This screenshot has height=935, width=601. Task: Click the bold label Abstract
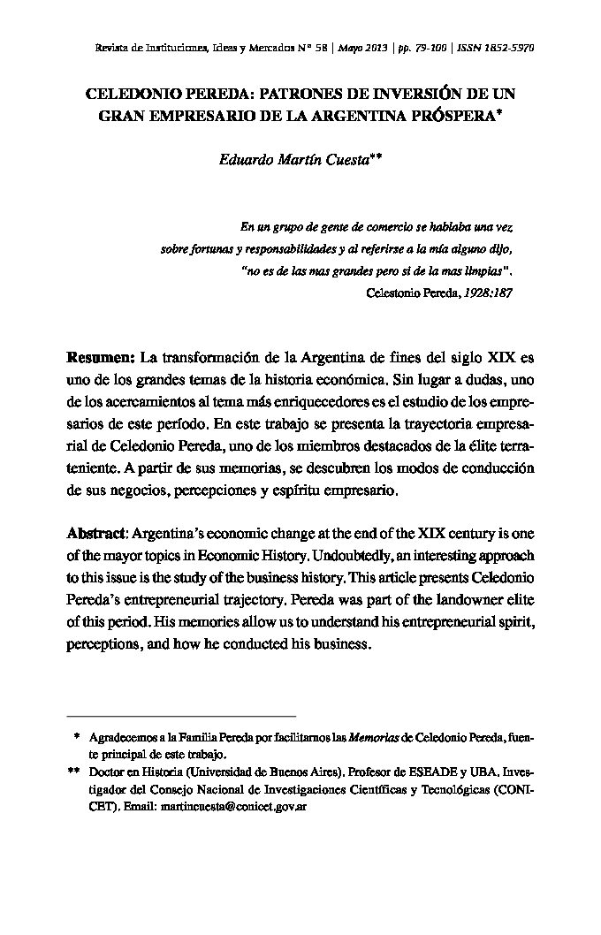tap(97, 535)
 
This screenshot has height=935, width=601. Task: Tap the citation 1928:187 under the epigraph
tap(487, 292)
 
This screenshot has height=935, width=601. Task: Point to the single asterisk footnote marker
tap(78, 736)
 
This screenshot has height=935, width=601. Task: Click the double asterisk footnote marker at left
tap(73, 772)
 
